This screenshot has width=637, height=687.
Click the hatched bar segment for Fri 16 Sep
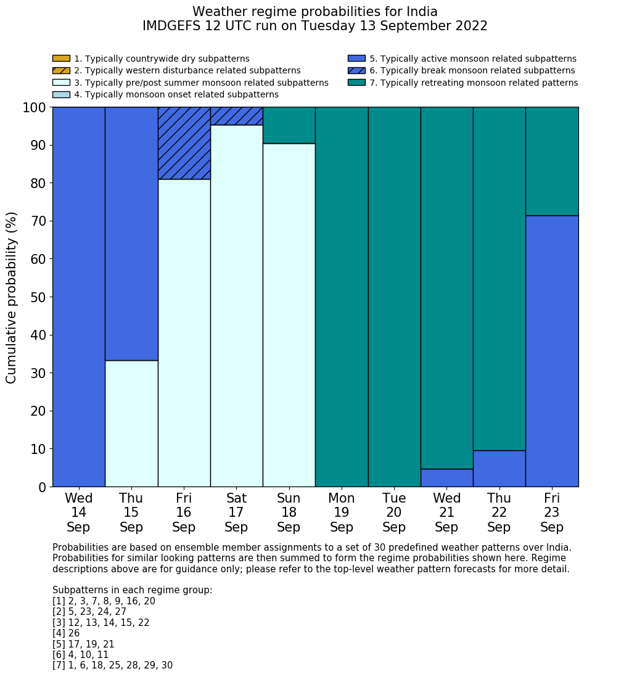(184, 143)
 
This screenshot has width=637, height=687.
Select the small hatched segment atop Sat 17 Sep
(236, 116)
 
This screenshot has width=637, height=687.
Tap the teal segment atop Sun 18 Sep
(289, 125)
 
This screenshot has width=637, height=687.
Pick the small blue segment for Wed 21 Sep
(446, 478)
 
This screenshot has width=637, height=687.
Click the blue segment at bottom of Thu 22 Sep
(499, 469)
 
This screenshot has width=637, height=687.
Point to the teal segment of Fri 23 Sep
(552, 161)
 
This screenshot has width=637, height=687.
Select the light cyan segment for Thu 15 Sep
(131, 423)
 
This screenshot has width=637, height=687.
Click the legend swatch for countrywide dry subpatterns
(61, 59)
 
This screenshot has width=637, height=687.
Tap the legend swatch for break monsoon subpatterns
(356, 70)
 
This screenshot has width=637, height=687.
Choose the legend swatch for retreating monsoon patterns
(356, 83)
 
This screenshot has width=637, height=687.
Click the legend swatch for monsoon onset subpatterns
(61, 94)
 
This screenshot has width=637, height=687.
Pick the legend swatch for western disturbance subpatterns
(61, 70)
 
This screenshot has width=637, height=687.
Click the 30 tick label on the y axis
(38, 373)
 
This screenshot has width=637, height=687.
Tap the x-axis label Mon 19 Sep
(342, 512)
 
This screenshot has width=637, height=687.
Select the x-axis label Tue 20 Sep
(394, 512)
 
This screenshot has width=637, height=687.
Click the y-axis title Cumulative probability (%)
(12, 297)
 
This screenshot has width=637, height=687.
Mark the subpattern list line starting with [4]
(66, 633)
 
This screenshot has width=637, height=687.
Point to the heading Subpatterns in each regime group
(132, 590)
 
